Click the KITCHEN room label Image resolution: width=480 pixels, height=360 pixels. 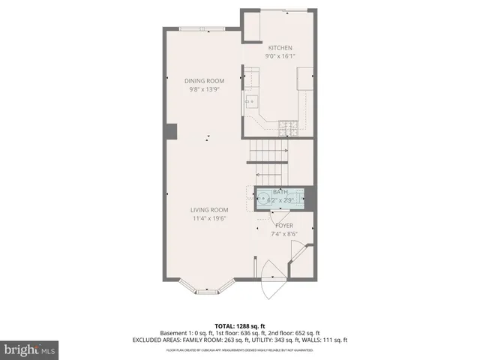pyautogui.click(x=279, y=48)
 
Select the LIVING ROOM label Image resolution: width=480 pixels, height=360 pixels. pyautogui.click(x=209, y=210)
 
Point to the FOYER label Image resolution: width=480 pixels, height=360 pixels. pyautogui.click(x=284, y=225)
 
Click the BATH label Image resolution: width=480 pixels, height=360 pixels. pyautogui.click(x=280, y=192)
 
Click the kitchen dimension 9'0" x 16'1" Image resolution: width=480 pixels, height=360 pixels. pyautogui.click(x=280, y=56)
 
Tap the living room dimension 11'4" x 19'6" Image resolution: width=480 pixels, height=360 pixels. pyautogui.click(x=209, y=218)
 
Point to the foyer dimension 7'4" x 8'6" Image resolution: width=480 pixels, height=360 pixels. pyautogui.click(x=284, y=233)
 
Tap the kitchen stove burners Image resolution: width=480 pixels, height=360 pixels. pyautogui.click(x=287, y=127)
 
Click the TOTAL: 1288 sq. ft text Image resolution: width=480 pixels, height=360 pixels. pyautogui.click(x=240, y=325)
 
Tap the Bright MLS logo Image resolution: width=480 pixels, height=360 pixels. pyautogui.click(x=28, y=349)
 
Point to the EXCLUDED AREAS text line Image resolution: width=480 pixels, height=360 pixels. pyautogui.click(x=240, y=340)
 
